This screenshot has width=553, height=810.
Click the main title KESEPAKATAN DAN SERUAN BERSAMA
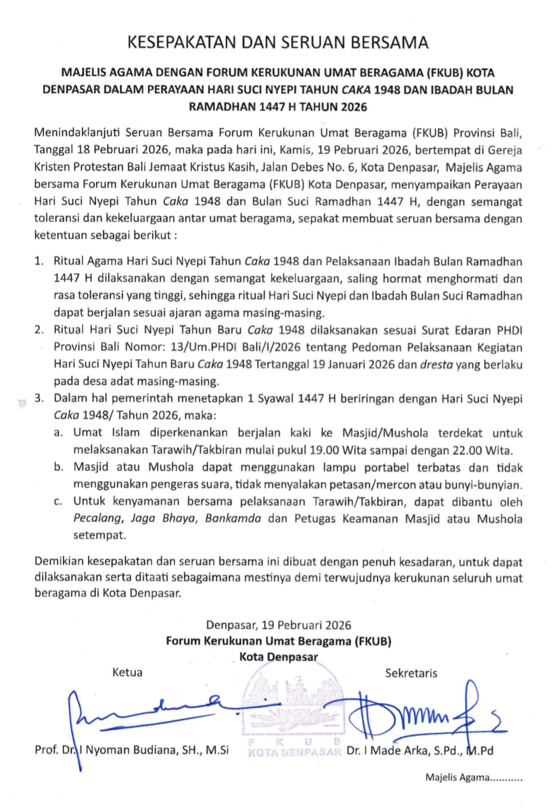278,43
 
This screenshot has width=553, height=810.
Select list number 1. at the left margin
39,261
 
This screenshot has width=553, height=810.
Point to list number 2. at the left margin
39,330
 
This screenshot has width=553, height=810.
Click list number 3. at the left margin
39,398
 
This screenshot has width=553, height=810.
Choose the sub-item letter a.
59,433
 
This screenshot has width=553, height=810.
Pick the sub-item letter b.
59,468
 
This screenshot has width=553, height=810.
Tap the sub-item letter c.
59,502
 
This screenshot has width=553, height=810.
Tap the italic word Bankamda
233,519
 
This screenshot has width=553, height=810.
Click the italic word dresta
436,364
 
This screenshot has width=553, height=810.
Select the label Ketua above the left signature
127,673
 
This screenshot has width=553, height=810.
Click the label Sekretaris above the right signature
411,673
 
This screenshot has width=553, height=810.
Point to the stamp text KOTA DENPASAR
294,753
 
